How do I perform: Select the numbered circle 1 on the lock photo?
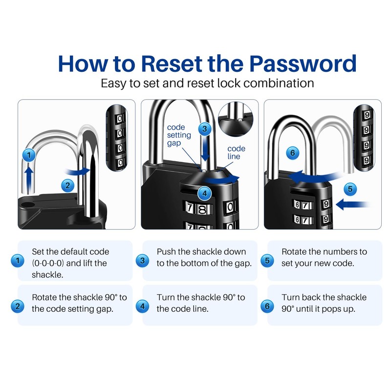[x=29, y=155]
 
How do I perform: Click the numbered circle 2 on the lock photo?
[x=68, y=185]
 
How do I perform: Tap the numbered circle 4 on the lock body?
[x=205, y=193]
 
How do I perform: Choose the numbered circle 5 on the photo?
[x=349, y=188]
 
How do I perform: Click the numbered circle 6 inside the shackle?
[x=292, y=153]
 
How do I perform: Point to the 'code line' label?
[x=237, y=152]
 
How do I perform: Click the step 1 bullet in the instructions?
[x=18, y=261]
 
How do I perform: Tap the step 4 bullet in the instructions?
[x=142, y=306]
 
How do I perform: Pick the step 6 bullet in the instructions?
[x=267, y=306]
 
